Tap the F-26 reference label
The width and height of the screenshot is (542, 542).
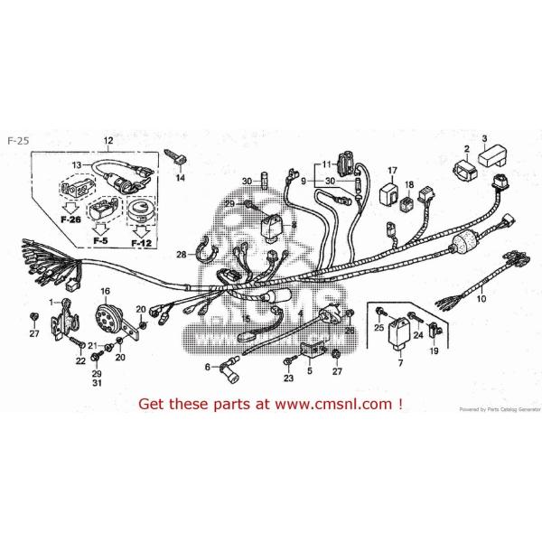tap(70, 219)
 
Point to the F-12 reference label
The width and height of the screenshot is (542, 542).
tap(140, 243)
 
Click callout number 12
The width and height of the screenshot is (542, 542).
tap(108, 140)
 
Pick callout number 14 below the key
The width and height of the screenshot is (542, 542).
tap(179, 179)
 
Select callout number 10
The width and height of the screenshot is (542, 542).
tap(480, 298)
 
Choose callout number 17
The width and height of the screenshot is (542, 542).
tap(393, 169)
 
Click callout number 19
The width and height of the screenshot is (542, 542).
tap(434, 350)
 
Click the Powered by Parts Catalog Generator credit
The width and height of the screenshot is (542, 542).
tap(497, 409)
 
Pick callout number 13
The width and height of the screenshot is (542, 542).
tap(77, 164)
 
